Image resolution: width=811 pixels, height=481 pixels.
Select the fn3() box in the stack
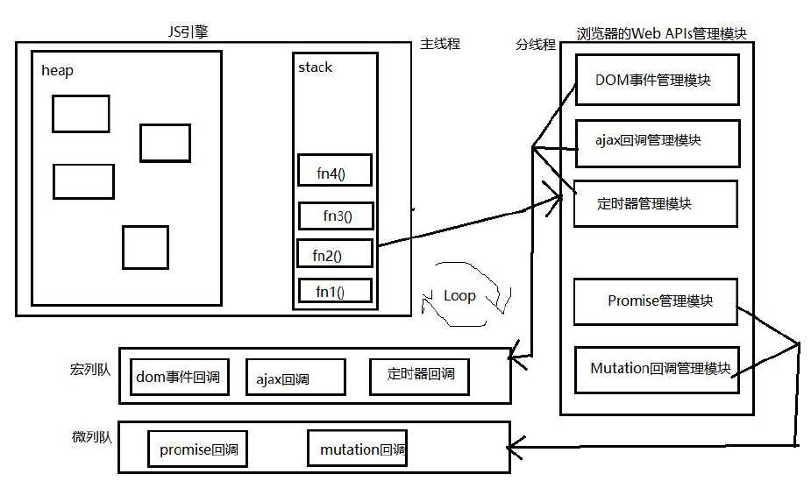tap(336, 216)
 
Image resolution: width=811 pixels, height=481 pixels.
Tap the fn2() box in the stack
tap(335, 254)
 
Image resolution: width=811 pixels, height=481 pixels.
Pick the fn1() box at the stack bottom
tap(334, 291)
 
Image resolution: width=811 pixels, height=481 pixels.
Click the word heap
tap(57, 71)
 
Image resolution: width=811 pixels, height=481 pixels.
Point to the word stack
tap(316, 67)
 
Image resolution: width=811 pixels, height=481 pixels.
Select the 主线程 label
tap(440, 44)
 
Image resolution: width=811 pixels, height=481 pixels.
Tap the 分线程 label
tap(535, 45)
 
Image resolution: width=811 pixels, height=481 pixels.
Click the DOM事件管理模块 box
tap(656, 80)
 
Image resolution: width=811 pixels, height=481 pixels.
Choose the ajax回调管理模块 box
tap(656, 142)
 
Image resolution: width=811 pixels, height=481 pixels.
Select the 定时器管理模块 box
tap(656, 203)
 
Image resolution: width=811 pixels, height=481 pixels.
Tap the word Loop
tap(459, 296)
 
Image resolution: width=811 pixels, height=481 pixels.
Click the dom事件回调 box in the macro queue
tap(178, 378)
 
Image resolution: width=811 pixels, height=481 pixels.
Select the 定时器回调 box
tap(420, 375)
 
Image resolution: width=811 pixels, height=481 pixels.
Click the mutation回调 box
tap(358, 449)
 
